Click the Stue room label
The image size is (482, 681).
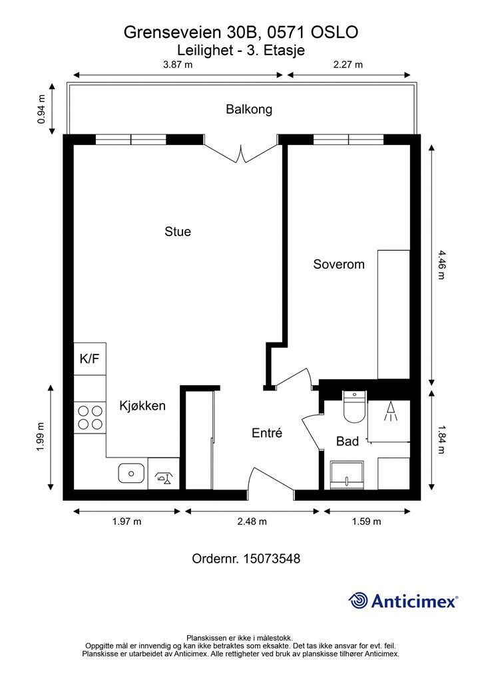click(177, 231)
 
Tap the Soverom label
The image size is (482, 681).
click(339, 264)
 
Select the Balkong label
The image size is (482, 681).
click(248, 109)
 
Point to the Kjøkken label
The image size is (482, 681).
click(142, 406)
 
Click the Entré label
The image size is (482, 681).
click(267, 432)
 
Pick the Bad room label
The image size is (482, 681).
click(348, 442)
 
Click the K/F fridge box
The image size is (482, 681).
click(90, 358)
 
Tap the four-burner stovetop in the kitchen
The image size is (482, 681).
click(90, 418)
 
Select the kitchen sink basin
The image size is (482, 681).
click(131, 474)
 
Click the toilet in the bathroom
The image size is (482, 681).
click(354, 406)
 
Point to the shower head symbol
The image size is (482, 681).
click(390, 411)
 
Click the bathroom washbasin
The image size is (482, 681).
click(347, 475)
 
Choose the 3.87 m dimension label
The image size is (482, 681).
click(178, 65)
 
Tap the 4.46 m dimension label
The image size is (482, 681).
click(441, 265)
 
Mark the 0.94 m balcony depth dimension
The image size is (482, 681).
click(41, 109)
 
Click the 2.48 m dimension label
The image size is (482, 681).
click(252, 521)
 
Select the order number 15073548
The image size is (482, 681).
click(272, 559)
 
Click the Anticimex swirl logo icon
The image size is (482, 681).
click(358, 601)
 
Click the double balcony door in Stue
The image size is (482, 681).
click(240, 154)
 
